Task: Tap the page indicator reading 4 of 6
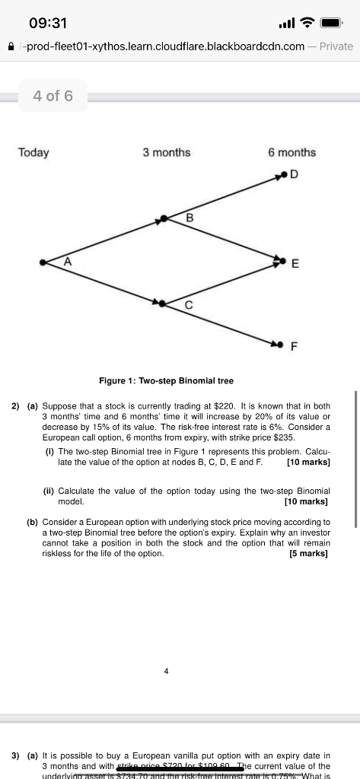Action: pos(53,96)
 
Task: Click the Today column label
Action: pos(33,152)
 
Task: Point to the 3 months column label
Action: pos(166,152)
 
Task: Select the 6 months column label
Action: pos(292,152)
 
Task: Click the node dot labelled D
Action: pos(283,176)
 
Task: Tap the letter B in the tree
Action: pos(190,219)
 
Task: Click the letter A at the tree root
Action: pos(67,260)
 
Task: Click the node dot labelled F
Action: pos(283,345)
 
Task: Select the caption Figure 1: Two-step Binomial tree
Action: pos(166,380)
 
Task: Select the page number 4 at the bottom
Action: pos(166,670)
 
